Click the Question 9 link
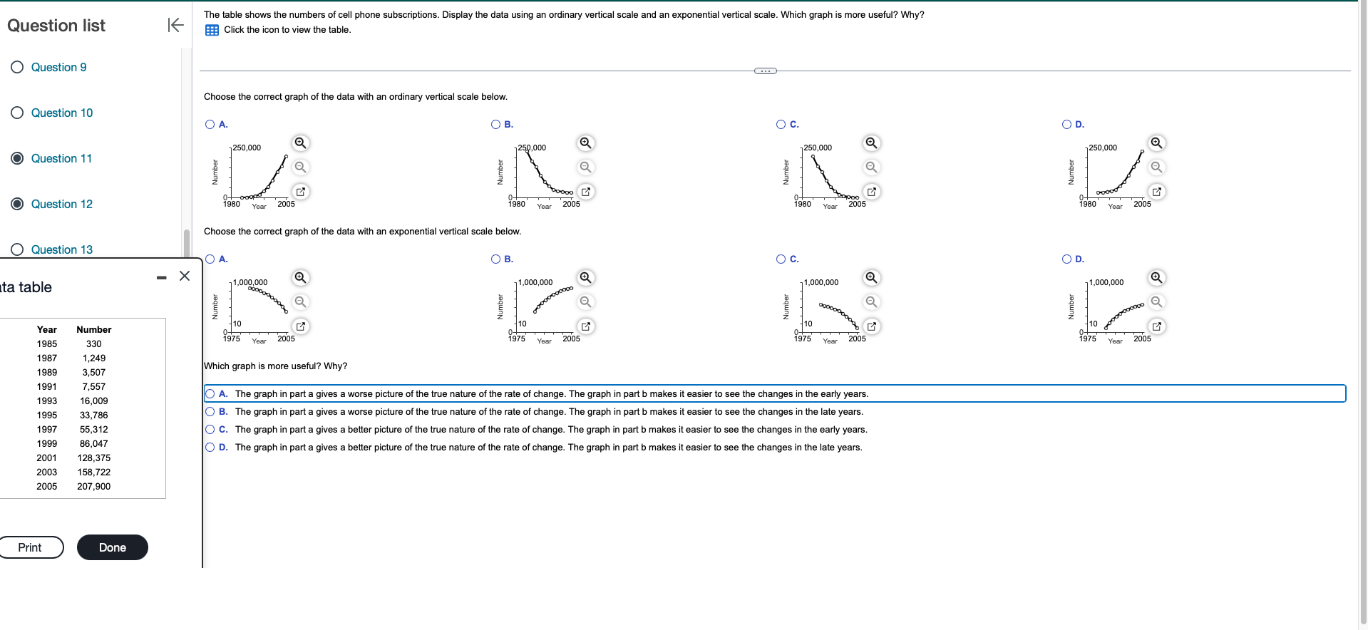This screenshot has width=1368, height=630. (x=58, y=67)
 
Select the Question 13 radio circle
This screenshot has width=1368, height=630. (x=17, y=249)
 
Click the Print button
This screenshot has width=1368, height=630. (x=30, y=547)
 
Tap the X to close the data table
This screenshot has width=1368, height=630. (x=185, y=276)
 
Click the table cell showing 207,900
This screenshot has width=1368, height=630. (x=93, y=486)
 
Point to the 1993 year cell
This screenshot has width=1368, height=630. (x=47, y=401)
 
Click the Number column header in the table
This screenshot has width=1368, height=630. (x=93, y=329)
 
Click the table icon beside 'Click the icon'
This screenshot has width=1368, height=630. (x=212, y=30)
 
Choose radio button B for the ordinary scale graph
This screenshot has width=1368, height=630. (x=495, y=124)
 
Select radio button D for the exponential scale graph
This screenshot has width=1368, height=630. (x=1066, y=259)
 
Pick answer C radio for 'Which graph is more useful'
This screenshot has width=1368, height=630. (x=210, y=429)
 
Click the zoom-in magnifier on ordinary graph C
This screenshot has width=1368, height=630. (x=871, y=143)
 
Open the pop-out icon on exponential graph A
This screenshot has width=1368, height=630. (x=301, y=326)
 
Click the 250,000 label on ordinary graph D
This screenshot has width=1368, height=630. (x=1103, y=148)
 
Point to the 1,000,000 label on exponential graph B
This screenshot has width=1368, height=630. (x=535, y=282)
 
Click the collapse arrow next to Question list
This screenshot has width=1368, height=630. (x=175, y=25)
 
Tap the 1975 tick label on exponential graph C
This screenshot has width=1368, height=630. (x=803, y=339)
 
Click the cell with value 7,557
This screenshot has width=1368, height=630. (x=93, y=386)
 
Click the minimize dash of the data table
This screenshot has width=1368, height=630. (x=162, y=277)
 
